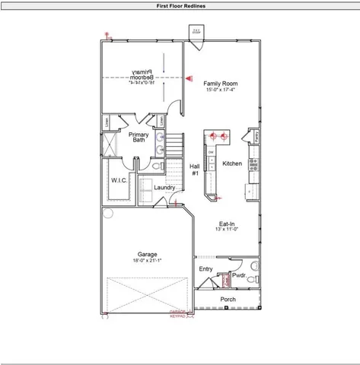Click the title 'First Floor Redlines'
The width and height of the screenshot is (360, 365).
click(x=180, y=5)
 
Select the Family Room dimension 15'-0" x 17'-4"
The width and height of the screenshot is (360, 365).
click(x=221, y=90)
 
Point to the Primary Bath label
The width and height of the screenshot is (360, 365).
click(x=138, y=137)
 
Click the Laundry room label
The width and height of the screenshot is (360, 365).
click(x=164, y=188)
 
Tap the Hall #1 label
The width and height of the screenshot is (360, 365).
click(x=194, y=169)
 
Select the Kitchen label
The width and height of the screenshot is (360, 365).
click(x=231, y=163)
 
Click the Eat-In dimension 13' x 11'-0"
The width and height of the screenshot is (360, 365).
click(x=226, y=229)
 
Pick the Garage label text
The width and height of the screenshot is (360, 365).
click(x=147, y=255)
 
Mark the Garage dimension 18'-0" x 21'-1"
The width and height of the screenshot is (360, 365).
click(x=147, y=261)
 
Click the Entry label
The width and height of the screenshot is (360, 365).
click(x=206, y=269)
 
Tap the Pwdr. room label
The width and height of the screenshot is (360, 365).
click(x=238, y=275)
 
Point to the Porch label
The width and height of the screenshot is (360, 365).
click(x=228, y=300)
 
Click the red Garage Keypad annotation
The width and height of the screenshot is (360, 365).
click(x=178, y=313)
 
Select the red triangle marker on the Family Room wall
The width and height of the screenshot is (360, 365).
click(x=189, y=77)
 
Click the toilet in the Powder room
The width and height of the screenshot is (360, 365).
click(x=225, y=282)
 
